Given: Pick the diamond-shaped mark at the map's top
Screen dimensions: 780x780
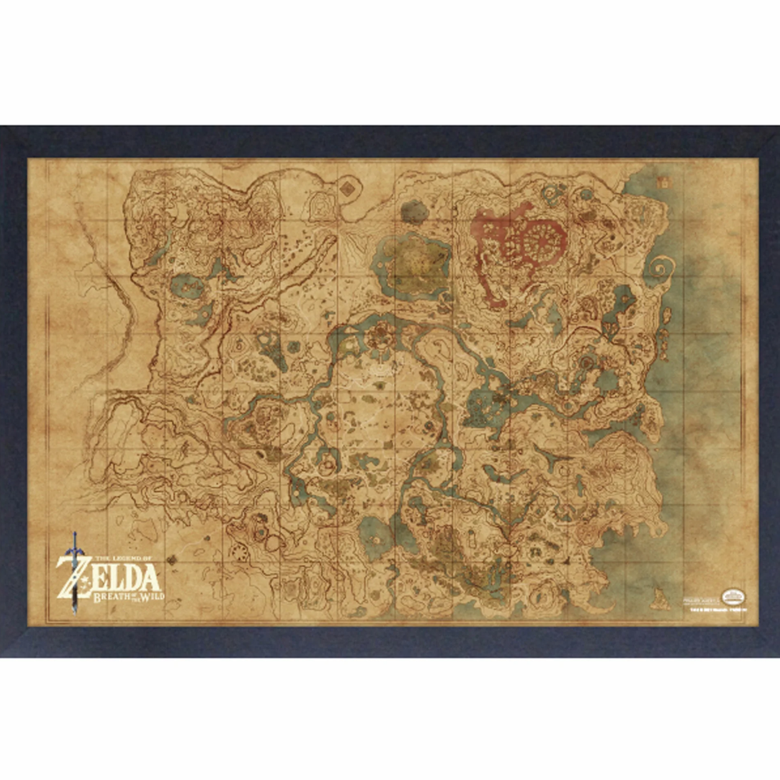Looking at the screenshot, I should [x=347, y=188].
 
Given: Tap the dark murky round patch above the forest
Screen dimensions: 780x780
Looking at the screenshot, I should [x=413, y=211].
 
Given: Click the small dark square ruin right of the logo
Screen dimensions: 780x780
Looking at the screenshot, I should [x=171, y=561].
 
